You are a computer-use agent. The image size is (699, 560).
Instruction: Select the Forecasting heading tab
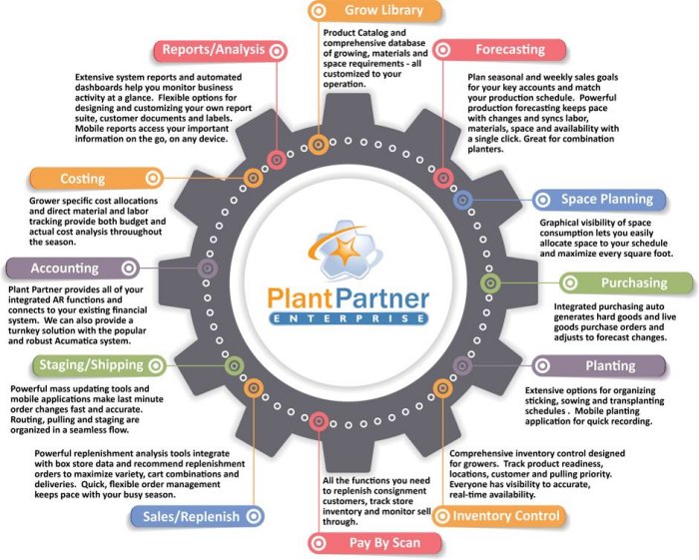[509, 49]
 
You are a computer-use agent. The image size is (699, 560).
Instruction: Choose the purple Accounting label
[65, 268]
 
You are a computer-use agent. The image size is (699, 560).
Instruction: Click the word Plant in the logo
[306, 297]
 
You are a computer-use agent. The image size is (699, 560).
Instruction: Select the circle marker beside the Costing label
[152, 179]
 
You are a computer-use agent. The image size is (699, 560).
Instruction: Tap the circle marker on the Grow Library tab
[318, 11]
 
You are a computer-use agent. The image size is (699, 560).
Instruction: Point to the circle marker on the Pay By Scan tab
[318, 543]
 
